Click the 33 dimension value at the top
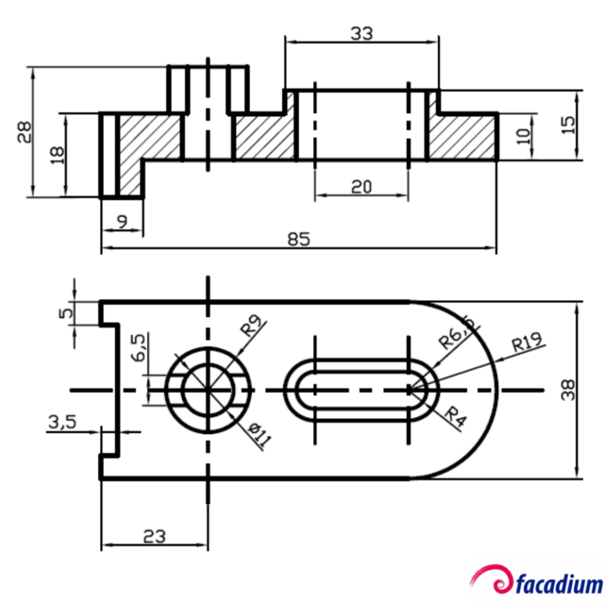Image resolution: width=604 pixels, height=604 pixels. (361, 33)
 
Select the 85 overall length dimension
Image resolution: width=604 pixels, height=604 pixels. (298, 240)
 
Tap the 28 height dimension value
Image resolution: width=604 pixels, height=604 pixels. (24, 132)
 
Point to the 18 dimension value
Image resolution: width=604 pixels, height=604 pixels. (57, 155)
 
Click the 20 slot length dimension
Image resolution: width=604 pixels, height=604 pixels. (361, 187)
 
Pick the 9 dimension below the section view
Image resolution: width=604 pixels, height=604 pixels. (121, 223)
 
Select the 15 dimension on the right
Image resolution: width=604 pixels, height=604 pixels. (567, 126)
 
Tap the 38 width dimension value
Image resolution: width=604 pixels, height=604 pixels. (568, 390)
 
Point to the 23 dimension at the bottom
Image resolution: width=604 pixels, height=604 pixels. (154, 536)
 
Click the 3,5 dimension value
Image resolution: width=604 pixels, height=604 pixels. (62, 424)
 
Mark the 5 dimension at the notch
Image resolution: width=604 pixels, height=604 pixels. (65, 312)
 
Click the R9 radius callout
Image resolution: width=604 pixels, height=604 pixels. (250, 327)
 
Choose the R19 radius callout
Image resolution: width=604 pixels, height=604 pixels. (525, 344)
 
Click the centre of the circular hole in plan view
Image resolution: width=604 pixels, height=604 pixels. (207, 389)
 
